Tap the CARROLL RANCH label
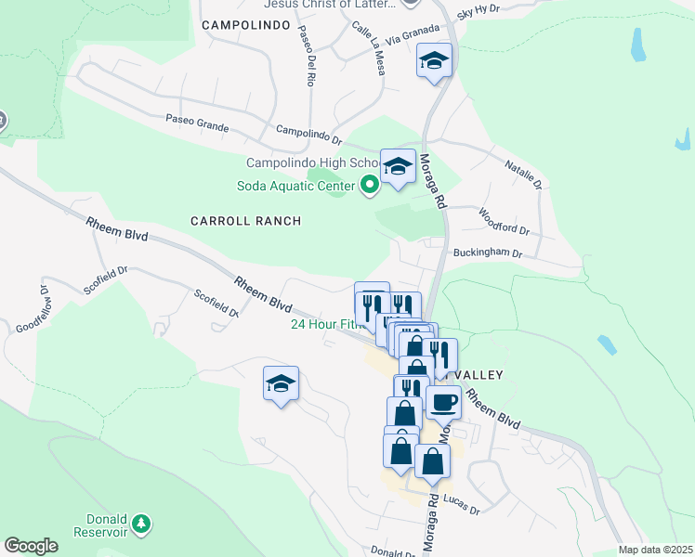click(245, 221)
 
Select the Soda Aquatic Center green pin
click(369, 187)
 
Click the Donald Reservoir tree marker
click(141, 525)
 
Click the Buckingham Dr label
click(489, 253)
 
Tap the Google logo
click(31, 546)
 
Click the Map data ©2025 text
click(655, 550)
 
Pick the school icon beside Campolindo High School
click(398, 166)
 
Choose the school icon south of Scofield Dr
click(281, 383)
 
